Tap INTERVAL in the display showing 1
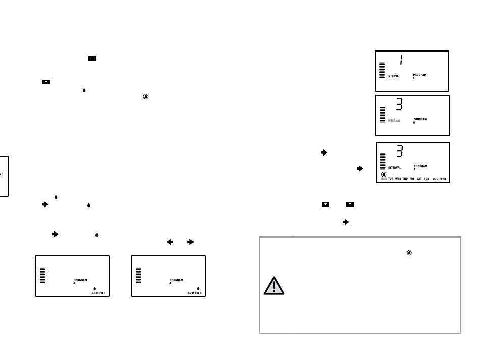click(394, 76)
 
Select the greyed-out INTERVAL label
click(394, 121)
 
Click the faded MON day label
click(383, 179)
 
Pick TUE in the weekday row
click(391, 179)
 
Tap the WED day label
click(398, 179)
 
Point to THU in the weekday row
click(405, 179)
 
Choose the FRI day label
click(412, 179)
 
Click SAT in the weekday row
click(419, 179)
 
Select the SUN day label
click(426, 179)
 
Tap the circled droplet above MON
click(383, 174)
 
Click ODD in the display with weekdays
click(436, 179)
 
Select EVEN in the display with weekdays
click(443, 179)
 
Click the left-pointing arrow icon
click(170, 242)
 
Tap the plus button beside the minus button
click(325, 204)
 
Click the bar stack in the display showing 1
click(382, 71)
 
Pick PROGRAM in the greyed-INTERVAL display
click(420, 119)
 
